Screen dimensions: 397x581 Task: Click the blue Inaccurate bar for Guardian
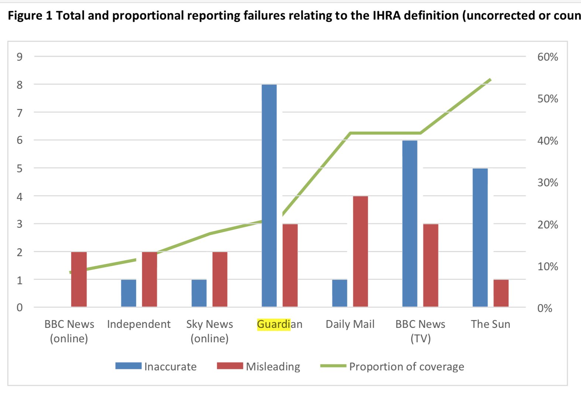pyautogui.click(x=269, y=196)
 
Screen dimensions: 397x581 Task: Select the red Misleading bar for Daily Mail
pyautogui.click(x=360, y=251)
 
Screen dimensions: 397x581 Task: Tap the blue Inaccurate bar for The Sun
pyautogui.click(x=480, y=238)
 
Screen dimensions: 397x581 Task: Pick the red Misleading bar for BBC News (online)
pyautogui.click(x=79, y=279)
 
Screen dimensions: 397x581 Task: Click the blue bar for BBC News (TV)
pyautogui.click(x=409, y=224)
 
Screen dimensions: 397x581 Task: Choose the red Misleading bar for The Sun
pyautogui.click(x=501, y=293)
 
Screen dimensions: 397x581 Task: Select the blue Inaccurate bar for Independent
pyautogui.click(x=128, y=293)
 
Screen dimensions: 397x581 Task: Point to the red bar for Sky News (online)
pyautogui.click(x=220, y=279)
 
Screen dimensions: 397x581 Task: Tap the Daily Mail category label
pyautogui.click(x=350, y=324)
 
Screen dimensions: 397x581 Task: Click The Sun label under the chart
pyautogui.click(x=490, y=324)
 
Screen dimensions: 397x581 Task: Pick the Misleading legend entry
pyautogui.click(x=258, y=366)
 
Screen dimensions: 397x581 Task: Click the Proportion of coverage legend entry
pyautogui.click(x=392, y=366)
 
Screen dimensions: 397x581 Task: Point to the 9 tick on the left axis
pyautogui.click(x=19, y=57)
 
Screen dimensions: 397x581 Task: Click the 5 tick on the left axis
pyautogui.click(x=19, y=168)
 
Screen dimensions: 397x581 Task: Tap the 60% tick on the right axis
pyautogui.click(x=547, y=57)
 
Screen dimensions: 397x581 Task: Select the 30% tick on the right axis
pyautogui.click(x=547, y=183)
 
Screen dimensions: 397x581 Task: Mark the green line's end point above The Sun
pyautogui.click(x=490, y=79)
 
